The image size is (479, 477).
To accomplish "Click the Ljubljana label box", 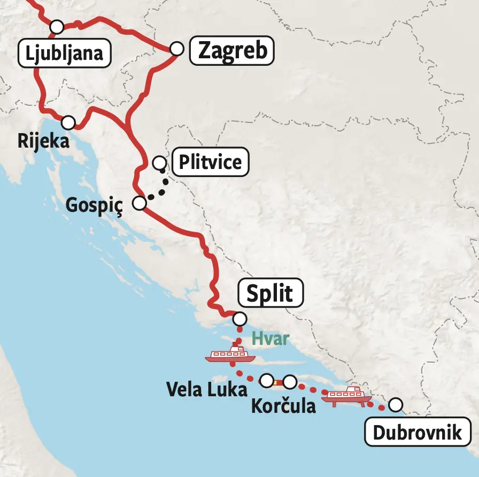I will (64, 53).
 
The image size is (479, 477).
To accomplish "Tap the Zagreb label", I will (233, 51).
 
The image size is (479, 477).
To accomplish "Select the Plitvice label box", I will (210, 161).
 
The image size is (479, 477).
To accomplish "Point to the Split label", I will (269, 294).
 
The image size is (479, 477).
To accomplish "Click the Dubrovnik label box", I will (417, 432).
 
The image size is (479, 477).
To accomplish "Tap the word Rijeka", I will (43, 142).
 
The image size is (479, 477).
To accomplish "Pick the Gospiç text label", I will (94, 205).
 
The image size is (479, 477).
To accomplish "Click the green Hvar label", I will (270, 338).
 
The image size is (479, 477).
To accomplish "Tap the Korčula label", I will (283, 405).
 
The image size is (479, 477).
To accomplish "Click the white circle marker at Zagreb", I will (177, 49).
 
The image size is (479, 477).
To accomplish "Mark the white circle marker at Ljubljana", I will (56, 26).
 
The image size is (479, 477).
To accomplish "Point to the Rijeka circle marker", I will (68, 122).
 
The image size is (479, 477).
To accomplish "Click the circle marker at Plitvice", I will (159, 162).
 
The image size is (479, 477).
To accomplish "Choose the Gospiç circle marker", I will (139, 203).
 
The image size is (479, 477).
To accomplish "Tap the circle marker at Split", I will (240, 319).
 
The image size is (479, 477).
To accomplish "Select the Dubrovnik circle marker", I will (395, 405).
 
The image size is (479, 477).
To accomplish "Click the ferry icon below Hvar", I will (228, 353).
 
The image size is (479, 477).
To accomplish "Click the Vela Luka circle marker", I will (266, 380).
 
